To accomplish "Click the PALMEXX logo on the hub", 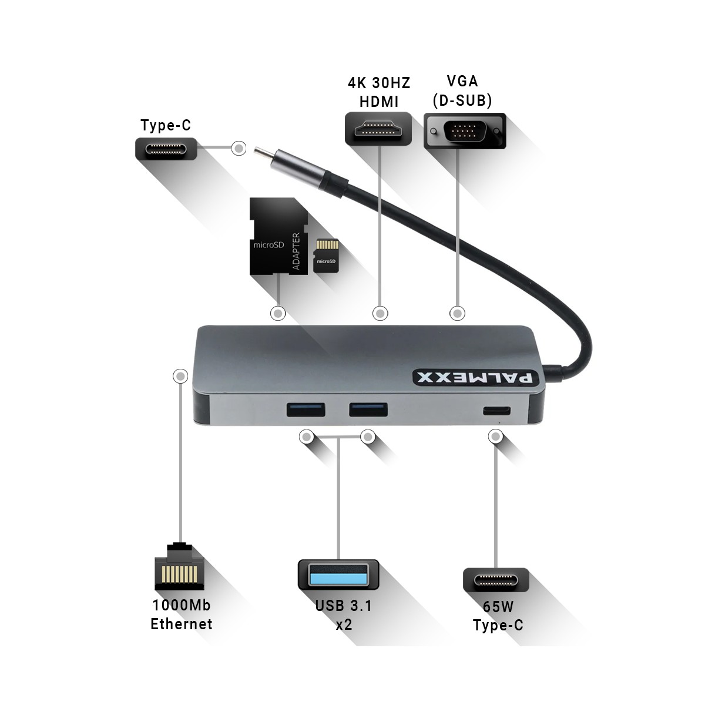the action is [476, 378].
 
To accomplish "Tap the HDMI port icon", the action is [378, 129].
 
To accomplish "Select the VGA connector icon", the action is [465, 131].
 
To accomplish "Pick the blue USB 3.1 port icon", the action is [338, 575].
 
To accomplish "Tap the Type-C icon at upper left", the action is [166, 149].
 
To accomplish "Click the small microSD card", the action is [326, 256].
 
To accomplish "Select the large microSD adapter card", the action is [278, 236].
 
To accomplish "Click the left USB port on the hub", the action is [306, 409].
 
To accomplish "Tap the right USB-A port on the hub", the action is [368, 409].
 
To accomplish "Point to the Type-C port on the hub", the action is [496, 411].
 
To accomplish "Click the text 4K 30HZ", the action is [379, 83].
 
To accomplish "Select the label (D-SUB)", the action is [462, 100].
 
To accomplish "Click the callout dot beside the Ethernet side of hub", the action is [180, 376].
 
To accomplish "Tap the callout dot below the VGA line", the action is [457, 313].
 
